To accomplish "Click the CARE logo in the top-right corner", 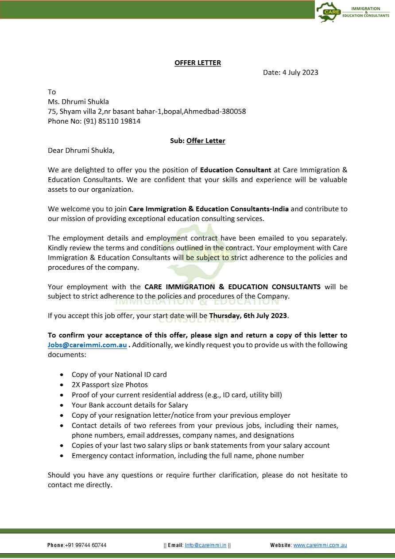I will (x=329, y=12).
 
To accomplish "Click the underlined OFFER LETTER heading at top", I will (x=197, y=63).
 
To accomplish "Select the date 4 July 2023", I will (x=300, y=73).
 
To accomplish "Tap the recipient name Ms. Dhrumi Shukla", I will (x=78, y=102).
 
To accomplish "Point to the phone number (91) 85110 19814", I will (x=112, y=121).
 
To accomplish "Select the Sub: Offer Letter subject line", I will (x=197, y=141).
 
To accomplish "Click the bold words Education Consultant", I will (x=236, y=170).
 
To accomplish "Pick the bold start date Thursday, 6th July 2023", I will (x=248, y=316).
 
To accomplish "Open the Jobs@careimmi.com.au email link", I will (x=87, y=345).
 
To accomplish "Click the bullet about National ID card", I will (x=119, y=375).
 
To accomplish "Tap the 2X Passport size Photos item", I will (x=109, y=385).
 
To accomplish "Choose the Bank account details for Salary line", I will (x=130, y=405).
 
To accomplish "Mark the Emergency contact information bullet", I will (x=188, y=456).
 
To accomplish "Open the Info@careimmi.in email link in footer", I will (x=206, y=545).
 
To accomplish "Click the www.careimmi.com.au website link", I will (x=320, y=545).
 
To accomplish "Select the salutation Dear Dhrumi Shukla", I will (x=81, y=151).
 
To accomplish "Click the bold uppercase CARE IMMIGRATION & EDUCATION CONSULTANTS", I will (x=232, y=287).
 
